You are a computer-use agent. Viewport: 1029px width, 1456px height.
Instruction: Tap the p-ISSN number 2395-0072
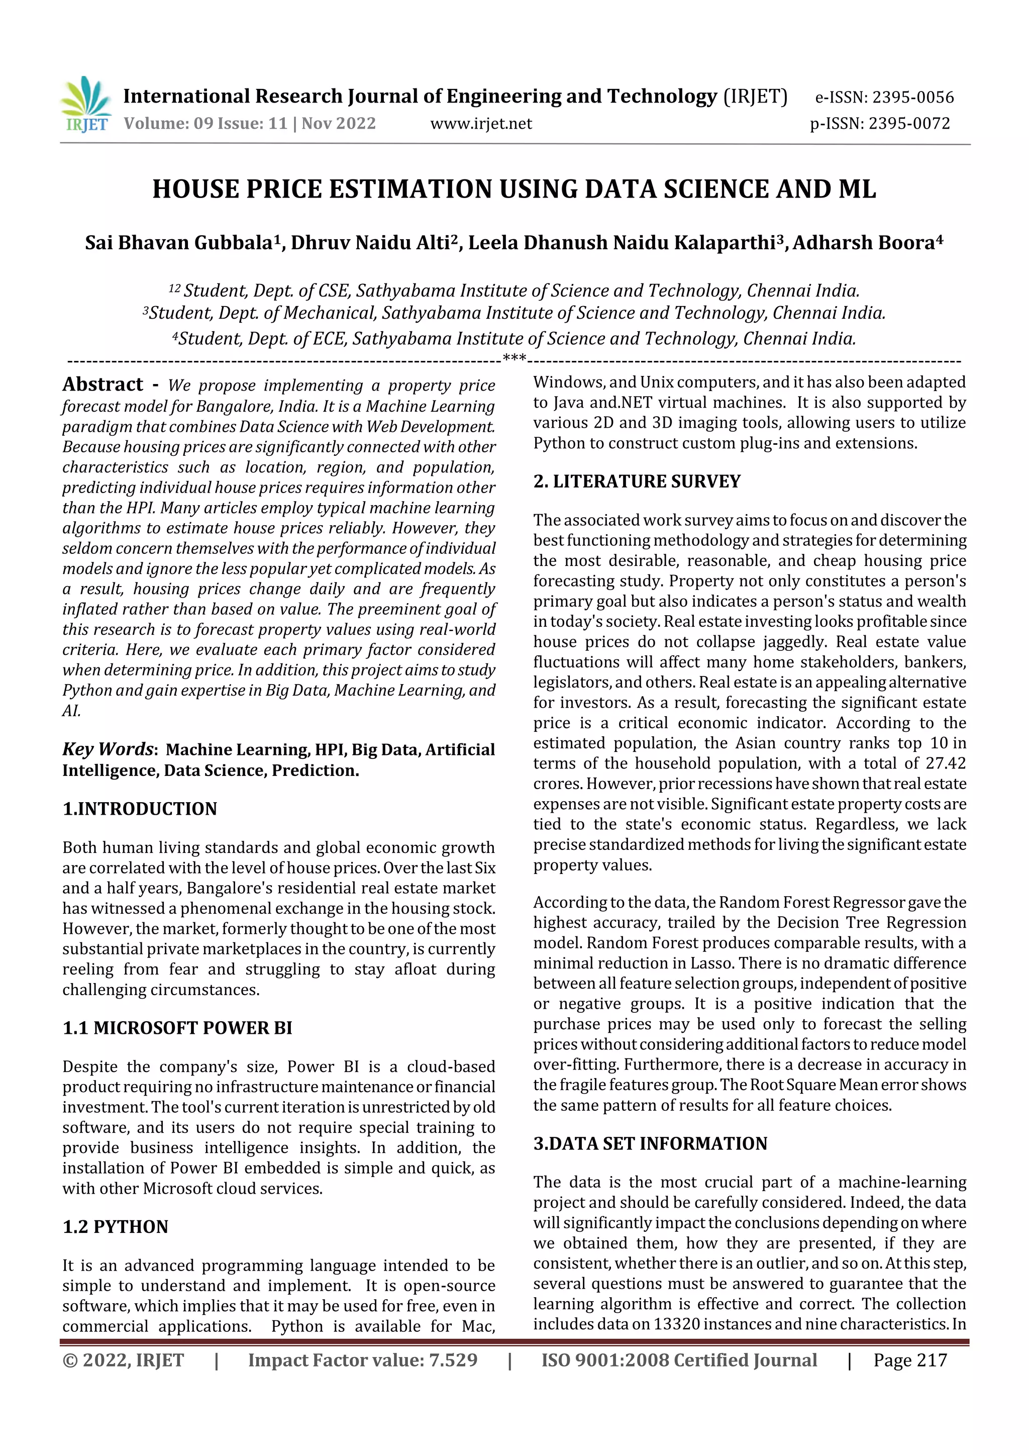click(x=909, y=124)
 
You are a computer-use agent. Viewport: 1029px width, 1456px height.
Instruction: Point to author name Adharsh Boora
click(x=864, y=243)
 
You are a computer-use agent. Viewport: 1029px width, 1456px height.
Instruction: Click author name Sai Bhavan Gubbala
click(x=179, y=243)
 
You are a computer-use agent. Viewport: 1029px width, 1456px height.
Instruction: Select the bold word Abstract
click(x=102, y=384)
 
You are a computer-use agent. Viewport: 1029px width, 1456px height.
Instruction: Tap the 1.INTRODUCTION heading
click(x=140, y=809)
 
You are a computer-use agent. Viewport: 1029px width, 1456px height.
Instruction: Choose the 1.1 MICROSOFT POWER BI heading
click(x=177, y=1028)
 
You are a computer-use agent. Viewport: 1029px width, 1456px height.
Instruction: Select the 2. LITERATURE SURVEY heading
click(x=637, y=481)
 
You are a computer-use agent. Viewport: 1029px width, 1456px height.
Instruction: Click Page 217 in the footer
click(x=910, y=1360)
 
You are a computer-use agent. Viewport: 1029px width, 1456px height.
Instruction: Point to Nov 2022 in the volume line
click(x=339, y=124)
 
